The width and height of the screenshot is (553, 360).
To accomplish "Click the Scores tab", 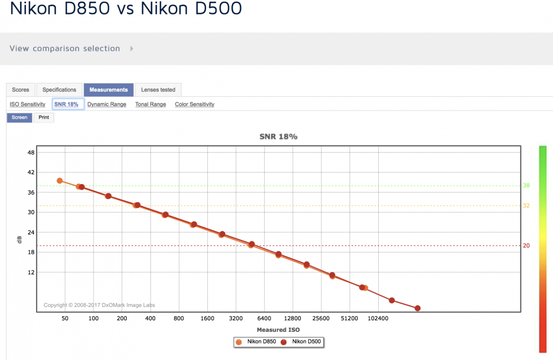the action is (x=20, y=90).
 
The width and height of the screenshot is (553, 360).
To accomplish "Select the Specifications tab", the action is (x=59, y=90).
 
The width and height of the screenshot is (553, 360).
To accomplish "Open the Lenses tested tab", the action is (x=158, y=90).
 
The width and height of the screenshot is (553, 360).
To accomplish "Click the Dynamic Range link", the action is (x=107, y=105).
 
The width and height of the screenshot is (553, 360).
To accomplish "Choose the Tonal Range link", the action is (x=150, y=105).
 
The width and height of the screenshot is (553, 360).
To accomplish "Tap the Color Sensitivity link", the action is (x=195, y=105).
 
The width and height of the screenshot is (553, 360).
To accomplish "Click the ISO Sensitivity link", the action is (x=28, y=105).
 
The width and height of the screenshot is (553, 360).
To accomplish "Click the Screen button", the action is (x=19, y=117).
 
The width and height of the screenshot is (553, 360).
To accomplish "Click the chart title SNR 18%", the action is (x=278, y=137).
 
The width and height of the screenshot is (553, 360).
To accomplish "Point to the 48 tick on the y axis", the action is (x=31, y=153).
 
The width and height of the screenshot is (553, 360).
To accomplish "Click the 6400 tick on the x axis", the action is (x=264, y=319).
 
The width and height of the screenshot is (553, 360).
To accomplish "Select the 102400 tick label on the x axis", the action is (x=378, y=319).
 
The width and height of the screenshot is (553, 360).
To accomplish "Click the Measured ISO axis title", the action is (x=278, y=330).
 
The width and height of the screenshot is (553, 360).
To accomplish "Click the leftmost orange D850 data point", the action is (x=60, y=181).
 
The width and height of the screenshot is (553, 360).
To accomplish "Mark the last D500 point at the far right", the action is (x=418, y=308).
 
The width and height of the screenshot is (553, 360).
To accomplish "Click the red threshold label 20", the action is (x=526, y=246).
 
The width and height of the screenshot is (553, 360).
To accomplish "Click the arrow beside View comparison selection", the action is (x=132, y=49).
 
